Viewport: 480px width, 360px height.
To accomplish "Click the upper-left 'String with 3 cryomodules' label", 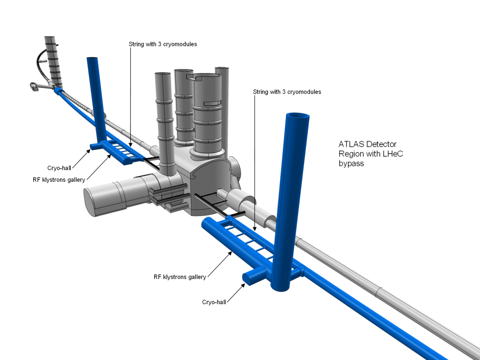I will point(163,44).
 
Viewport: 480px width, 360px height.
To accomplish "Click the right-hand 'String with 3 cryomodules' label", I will point(287,92).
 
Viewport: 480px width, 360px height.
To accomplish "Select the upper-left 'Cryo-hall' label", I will point(59,167).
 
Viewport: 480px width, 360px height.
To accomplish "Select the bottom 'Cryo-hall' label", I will point(214,302).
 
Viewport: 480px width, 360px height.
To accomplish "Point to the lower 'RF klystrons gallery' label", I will point(180,277).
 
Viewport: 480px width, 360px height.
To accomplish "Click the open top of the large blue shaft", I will point(298,119).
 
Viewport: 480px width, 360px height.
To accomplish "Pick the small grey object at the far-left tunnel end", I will point(34,87).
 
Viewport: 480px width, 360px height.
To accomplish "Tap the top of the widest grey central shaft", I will point(208,78).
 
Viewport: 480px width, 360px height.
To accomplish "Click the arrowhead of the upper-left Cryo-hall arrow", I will point(90,150).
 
